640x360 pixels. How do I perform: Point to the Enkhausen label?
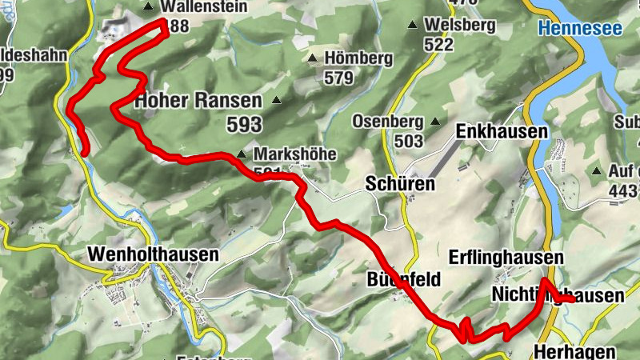tap(502, 131)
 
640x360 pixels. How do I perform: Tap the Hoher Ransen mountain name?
tap(198, 102)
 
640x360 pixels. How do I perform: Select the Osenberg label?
tap(387, 122)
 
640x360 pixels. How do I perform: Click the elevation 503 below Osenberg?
tap(408, 141)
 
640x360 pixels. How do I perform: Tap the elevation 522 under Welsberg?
tap(439, 45)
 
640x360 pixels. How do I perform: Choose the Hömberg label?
tap(358, 58)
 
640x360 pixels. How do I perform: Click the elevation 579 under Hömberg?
tap(339, 78)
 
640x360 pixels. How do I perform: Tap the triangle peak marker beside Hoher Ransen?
tap(276, 101)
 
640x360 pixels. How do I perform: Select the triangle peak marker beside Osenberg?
tap(435, 122)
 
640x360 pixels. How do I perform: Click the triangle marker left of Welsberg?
tap(413, 26)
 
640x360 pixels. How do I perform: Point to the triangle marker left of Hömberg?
tap(312, 58)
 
